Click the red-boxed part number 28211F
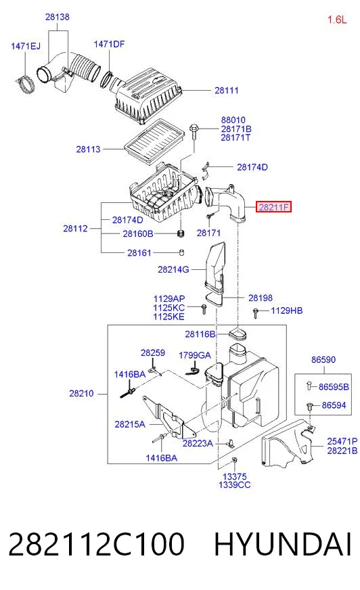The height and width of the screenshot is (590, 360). coord(273,206)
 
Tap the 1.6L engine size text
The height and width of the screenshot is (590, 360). coord(337,20)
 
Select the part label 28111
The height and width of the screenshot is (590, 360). coord(227,90)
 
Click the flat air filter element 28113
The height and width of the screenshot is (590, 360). coord(154,142)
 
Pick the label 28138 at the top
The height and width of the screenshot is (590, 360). coord(57,17)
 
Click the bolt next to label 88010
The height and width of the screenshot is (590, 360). coord(194,131)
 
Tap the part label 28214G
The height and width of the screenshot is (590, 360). coord(173,269)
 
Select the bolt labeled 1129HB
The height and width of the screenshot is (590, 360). coord(256,313)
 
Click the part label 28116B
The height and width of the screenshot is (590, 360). coord(200,334)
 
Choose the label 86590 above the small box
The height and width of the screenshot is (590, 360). coord(323,360)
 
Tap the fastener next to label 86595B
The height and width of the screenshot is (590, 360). coord(309,385)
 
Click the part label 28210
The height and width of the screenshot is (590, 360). coord(81,394)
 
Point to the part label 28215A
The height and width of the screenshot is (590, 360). coord(130,424)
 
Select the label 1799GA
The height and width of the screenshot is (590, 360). coord(194,356)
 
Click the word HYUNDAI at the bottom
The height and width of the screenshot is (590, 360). coord(282,544)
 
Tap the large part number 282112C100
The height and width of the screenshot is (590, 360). coord(96,544)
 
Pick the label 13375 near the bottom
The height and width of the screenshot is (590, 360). coord(234,477)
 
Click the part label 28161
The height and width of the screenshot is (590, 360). coord(139,253)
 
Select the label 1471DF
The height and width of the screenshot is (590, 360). coord(109,45)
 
